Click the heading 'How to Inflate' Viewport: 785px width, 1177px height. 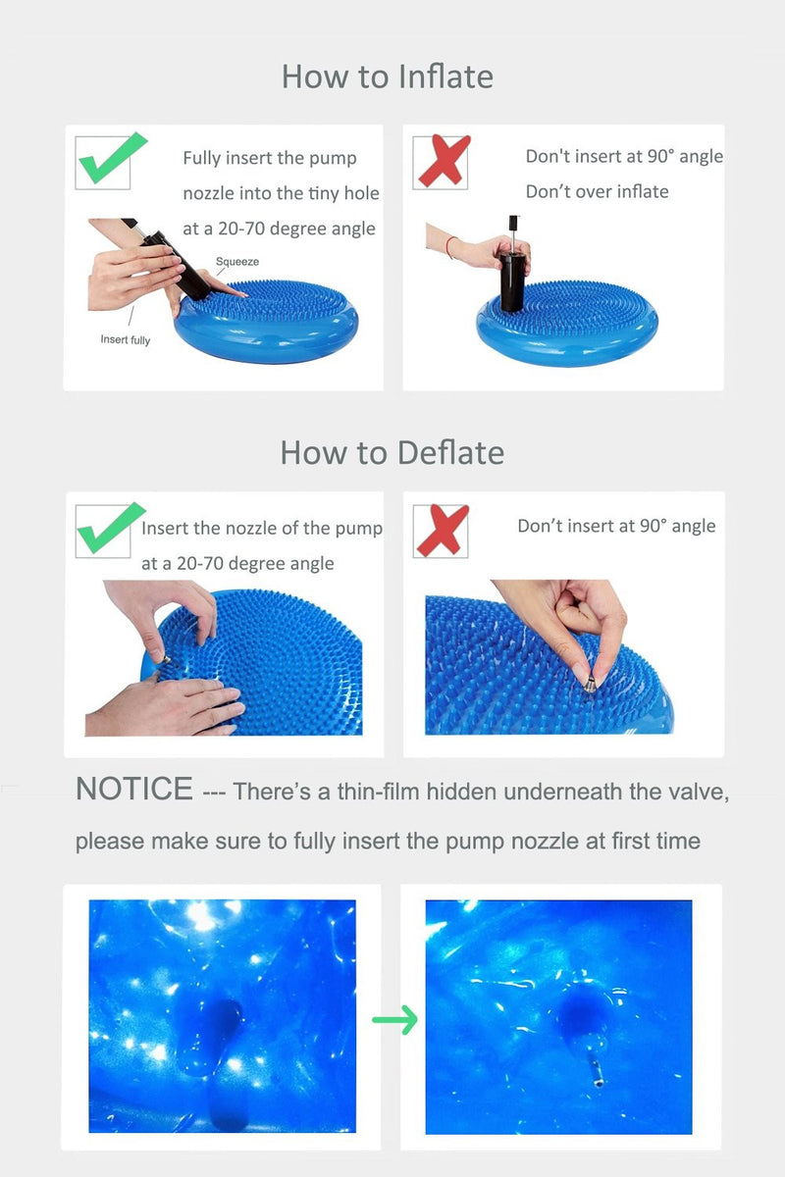click(x=388, y=77)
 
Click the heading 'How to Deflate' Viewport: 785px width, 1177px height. click(x=392, y=452)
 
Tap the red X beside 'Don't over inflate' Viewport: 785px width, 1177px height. click(x=443, y=161)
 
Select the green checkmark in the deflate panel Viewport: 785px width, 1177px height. click(x=110, y=529)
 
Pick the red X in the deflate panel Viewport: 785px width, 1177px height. click(x=442, y=531)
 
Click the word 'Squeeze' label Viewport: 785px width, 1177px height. click(x=237, y=262)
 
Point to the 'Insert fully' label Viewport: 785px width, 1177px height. click(x=126, y=340)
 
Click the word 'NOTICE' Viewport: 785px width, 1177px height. click(x=134, y=790)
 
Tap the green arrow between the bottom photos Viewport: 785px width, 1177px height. click(x=395, y=1020)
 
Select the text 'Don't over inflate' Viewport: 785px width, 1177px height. click(x=597, y=191)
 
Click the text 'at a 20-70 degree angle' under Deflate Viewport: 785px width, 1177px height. click(x=237, y=564)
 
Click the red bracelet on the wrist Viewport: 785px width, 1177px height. click(x=450, y=247)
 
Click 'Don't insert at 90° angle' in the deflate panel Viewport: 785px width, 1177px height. click(x=616, y=527)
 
